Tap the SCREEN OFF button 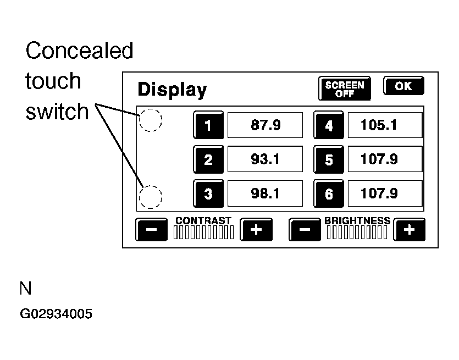(x=345, y=88)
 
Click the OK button (x=403, y=86)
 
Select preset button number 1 (x=208, y=125)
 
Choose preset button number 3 (x=208, y=193)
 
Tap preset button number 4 (x=329, y=125)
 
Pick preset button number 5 (x=329, y=159)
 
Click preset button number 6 (x=329, y=193)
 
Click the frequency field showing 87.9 (x=265, y=125)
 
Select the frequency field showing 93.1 (x=265, y=159)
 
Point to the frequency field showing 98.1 (x=265, y=193)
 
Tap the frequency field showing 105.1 (x=385, y=125)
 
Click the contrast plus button (x=256, y=229)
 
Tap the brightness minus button (x=305, y=229)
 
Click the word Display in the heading (x=173, y=90)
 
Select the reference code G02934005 (x=56, y=314)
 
